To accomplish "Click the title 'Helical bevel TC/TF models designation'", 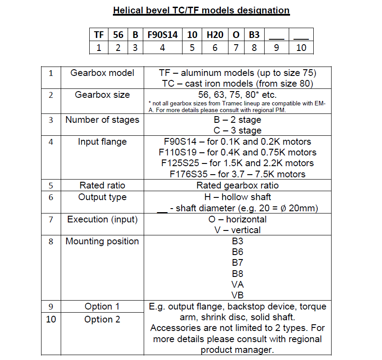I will pyautogui.click(x=201, y=10).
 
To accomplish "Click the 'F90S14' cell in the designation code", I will pyautogui.click(x=162, y=34).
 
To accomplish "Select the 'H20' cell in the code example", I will pyautogui.click(x=215, y=34).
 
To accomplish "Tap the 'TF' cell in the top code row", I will pyautogui.click(x=99, y=34).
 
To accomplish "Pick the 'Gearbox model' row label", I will pyautogui.click(x=102, y=73).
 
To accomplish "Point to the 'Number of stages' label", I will pyautogui.click(x=102, y=120).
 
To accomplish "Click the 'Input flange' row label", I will pyautogui.click(x=102, y=142).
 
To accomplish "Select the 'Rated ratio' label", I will pyautogui.click(x=102, y=185).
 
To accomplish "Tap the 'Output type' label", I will pyautogui.click(x=102, y=197).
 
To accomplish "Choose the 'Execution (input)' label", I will pyautogui.click(x=102, y=219).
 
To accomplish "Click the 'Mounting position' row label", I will pyautogui.click(x=102, y=241).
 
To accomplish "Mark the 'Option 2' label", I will pyautogui.click(x=102, y=319).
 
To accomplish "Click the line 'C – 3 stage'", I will pyautogui.click(x=237, y=130).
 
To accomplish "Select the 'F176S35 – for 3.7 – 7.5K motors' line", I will pyautogui.click(x=237, y=174).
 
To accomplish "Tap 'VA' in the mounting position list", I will pyautogui.click(x=237, y=285).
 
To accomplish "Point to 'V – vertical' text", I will pyautogui.click(x=237, y=230).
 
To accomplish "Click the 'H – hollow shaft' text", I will pyautogui.click(x=237, y=197).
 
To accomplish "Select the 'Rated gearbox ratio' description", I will pyautogui.click(x=237, y=185).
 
